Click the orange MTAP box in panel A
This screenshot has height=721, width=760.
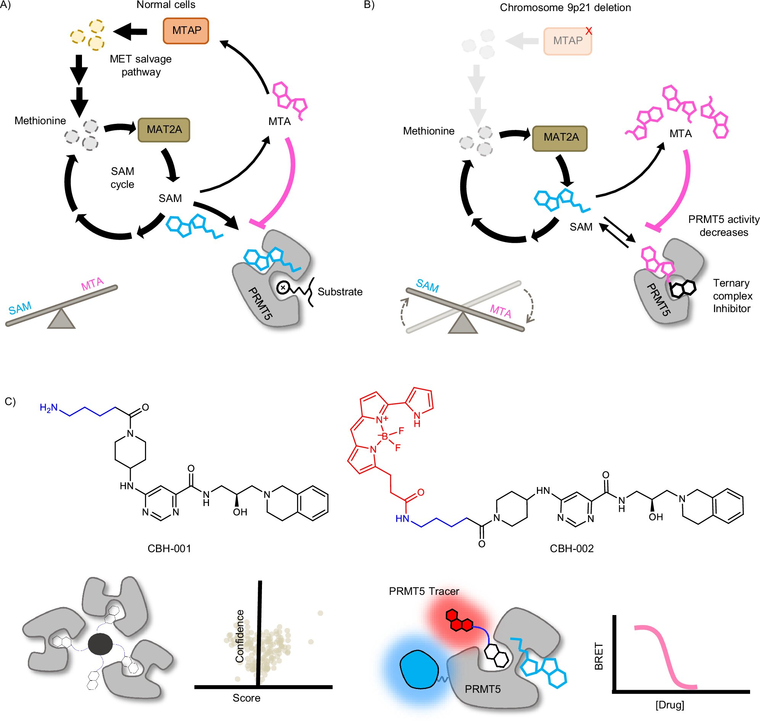pyautogui.click(x=186, y=31)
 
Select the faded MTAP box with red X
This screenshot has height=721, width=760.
pyautogui.click(x=567, y=41)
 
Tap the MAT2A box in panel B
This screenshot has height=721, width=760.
pyautogui.click(x=560, y=138)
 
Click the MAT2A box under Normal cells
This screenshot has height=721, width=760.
pyautogui.click(x=164, y=130)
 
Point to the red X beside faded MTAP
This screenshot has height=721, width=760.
pyautogui.click(x=588, y=31)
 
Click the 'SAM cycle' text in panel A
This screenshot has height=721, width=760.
pyautogui.click(x=122, y=178)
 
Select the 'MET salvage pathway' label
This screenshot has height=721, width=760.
pyautogui.click(x=141, y=65)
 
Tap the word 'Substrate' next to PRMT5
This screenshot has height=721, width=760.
pyautogui.click(x=340, y=292)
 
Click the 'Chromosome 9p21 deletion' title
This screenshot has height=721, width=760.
pyautogui.click(x=565, y=8)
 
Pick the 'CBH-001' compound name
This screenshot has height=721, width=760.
pyautogui.click(x=169, y=548)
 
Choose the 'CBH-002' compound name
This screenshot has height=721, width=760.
pyautogui.click(x=572, y=548)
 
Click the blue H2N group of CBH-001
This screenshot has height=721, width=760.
pyautogui.click(x=49, y=408)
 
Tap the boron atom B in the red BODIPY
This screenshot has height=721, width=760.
pyautogui.click(x=385, y=437)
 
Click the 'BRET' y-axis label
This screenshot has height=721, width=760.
pyautogui.click(x=598, y=656)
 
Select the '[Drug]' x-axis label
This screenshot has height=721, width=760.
pyautogui.click(x=670, y=705)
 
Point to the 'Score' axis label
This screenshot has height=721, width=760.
pyautogui.click(x=246, y=698)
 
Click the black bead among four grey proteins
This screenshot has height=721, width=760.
pyautogui.click(x=100, y=644)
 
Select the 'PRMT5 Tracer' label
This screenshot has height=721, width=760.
pyautogui.click(x=424, y=591)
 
